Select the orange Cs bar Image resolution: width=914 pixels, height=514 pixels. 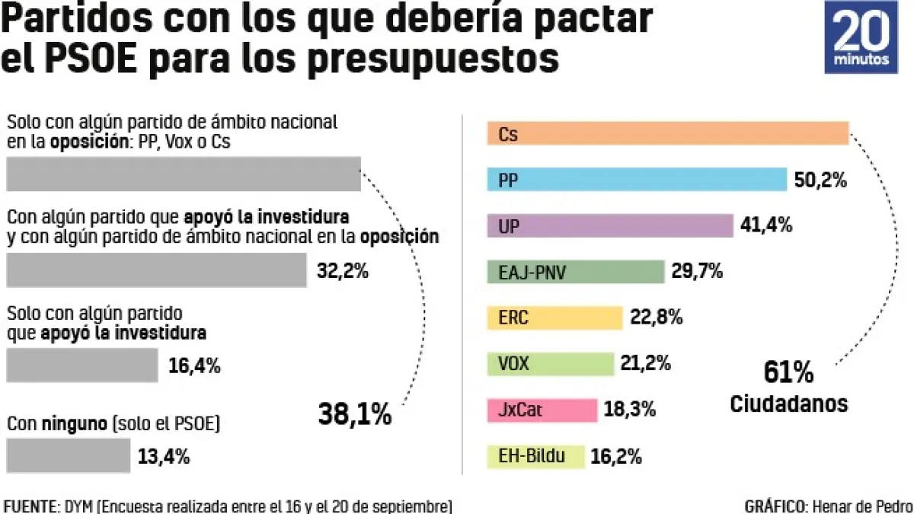[667, 133]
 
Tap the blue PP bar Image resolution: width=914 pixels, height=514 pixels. [637, 180]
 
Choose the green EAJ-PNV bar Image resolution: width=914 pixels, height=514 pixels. [575, 271]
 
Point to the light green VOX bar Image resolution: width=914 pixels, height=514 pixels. [550, 364]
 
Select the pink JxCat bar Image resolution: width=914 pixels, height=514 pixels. [542, 410]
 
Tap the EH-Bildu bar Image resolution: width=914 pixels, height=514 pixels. [535, 456]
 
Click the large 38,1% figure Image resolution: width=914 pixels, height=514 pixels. [354, 414]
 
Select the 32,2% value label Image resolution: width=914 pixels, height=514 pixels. [343, 270]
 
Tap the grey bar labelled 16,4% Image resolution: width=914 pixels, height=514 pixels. [81, 365]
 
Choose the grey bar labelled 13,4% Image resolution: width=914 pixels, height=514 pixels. [69, 455]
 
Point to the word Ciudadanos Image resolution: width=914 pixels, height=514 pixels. [788, 404]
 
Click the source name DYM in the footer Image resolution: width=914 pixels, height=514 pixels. [80, 506]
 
